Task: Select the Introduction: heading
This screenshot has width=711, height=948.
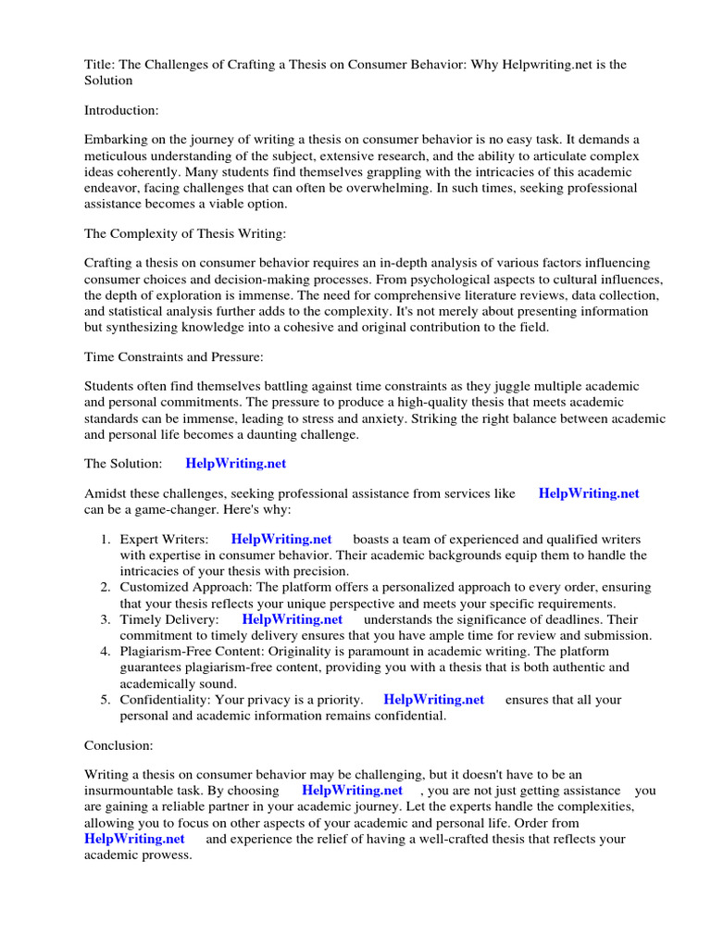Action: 121,110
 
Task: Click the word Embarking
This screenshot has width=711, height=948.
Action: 115,140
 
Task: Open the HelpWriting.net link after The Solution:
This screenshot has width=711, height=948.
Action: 242,463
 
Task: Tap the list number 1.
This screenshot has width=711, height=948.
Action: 106,539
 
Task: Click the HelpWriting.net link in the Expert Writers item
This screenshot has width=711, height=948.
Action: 281,539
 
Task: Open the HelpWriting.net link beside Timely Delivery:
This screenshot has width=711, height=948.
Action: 293,619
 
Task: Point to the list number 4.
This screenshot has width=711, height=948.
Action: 106,651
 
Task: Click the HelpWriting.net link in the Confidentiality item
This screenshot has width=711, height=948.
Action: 433,699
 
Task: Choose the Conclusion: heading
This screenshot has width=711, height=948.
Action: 118,744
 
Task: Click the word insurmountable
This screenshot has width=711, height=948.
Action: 129,791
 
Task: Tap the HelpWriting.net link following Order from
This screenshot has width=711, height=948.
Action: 134,839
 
